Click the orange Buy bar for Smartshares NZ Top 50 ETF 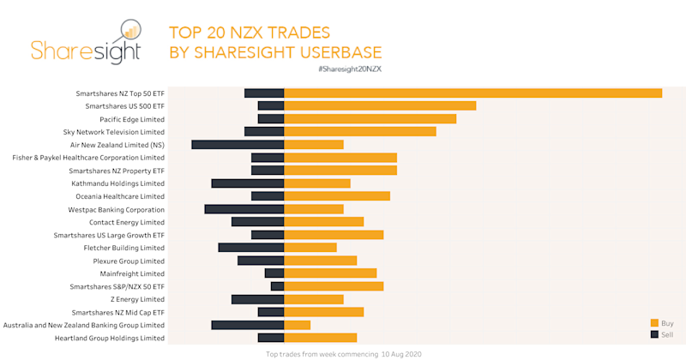click(x=472, y=93)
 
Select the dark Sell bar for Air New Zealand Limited click(x=238, y=145)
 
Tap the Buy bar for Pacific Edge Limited click(x=370, y=119)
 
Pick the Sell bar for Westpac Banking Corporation click(x=244, y=209)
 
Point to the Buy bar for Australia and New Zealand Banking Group click(x=297, y=325)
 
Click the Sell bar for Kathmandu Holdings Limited click(x=248, y=183)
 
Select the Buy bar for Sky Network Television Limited click(x=360, y=132)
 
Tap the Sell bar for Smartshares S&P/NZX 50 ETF click(x=277, y=286)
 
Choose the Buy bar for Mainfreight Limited click(x=330, y=273)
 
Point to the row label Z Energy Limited click(x=137, y=299)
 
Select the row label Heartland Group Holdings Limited click(x=108, y=338)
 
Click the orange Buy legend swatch click(x=654, y=322)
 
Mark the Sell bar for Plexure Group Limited click(x=261, y=261)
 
